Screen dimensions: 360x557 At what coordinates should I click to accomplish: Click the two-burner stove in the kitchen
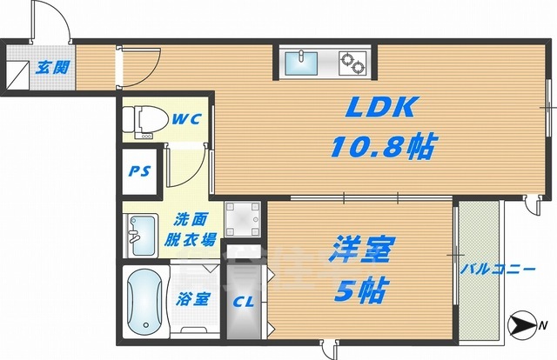[x=352, y=62]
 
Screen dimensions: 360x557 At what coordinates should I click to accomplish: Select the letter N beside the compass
[x=543, y=327]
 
